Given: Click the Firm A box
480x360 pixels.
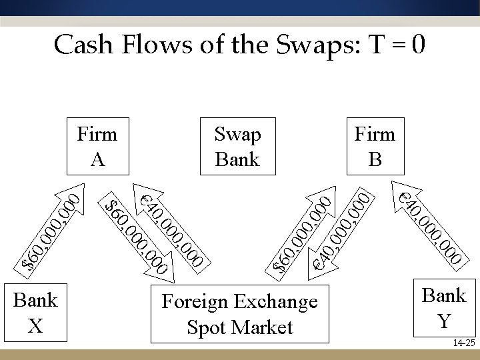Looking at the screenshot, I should pyautogui.click(x=97, y=146).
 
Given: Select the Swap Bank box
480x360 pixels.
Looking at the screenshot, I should pyautogui.click(x=238, y=146).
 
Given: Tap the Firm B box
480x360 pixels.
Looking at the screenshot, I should pyautogui.click(x=375, y=146).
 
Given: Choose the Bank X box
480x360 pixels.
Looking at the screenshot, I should pyautogui.click(x=36, y=311).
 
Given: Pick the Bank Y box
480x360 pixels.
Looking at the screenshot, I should pyautogui.click(x=444, y=308).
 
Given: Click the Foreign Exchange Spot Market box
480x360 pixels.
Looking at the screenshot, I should pyautogui.click(x=240, y=314).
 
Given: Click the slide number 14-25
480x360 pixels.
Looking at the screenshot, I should pyautogui.click(x=462, y=343).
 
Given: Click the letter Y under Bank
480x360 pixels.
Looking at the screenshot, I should pyautogui.click(x=444, y=321).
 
